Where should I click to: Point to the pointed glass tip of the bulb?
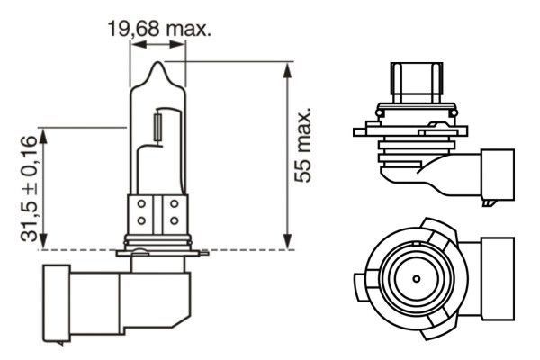pos(158,67)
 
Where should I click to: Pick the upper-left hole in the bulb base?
pos(143,206)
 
